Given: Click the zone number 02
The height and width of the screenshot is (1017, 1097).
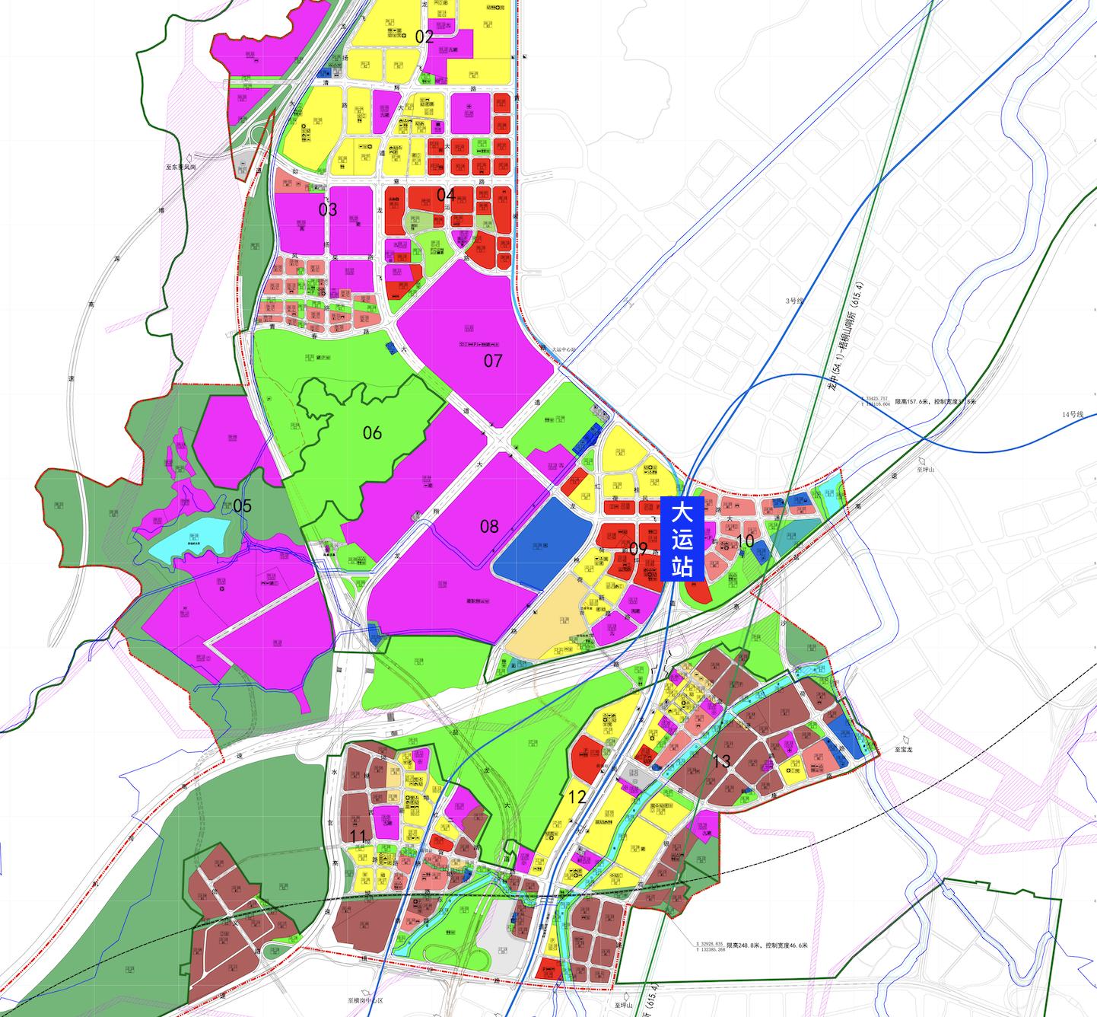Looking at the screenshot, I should click(x=424, y=37).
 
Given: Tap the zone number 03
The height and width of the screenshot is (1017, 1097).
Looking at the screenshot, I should click(x=328, y=209).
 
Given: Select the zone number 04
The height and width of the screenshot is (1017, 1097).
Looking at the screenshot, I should click(x=446, y=195).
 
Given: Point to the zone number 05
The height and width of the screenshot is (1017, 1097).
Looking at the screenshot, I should click(x=242, y=506).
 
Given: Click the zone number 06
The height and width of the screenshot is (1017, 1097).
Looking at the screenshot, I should click(x=372, y=433).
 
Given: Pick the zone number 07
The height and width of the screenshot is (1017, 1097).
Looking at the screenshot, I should click(x=493, y=361).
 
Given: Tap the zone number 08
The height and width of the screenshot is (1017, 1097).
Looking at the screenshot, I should click(x=489, y=526).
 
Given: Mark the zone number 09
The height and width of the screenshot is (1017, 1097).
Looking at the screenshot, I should click(x=638, y=549).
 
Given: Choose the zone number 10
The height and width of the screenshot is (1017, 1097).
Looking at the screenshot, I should click(x=746, y=541).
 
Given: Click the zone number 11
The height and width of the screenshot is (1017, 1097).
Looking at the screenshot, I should click(x=358, y=837).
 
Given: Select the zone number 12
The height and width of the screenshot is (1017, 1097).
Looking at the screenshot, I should click(x=577, y=798).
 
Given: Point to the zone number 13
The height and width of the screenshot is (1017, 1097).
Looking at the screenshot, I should click(x=722, y=761).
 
